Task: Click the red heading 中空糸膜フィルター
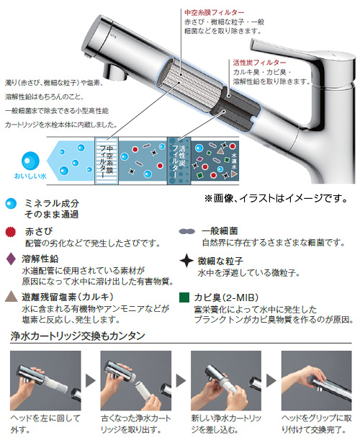pos(214,12)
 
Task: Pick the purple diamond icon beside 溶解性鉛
pos(10,259)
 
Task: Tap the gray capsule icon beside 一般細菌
pos(186,232)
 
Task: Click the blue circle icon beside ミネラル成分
pos(9,205)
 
